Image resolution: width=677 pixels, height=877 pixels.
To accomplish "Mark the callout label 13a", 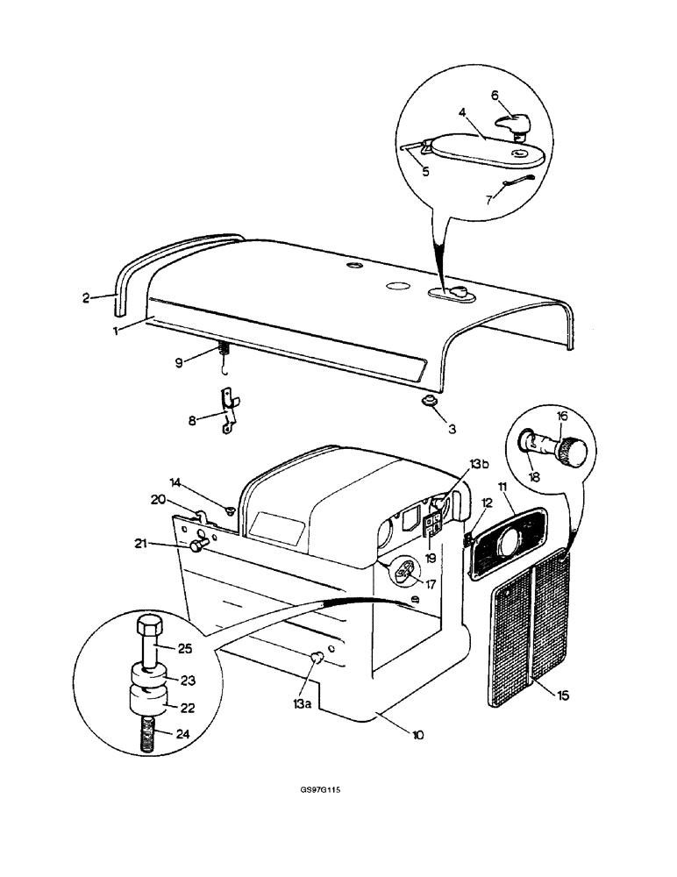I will click(301, 702).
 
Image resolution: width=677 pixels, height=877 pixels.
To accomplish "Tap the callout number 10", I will click(417, 735).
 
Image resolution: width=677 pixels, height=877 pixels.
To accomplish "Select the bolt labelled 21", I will click(198, 545).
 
